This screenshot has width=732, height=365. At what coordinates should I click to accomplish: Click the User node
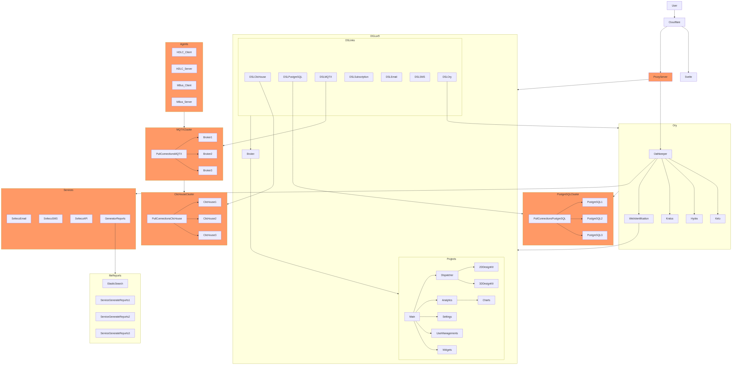(674, 5)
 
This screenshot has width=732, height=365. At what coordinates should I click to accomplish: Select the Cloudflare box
(674, 22)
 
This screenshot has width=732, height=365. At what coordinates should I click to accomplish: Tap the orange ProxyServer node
(660, 77)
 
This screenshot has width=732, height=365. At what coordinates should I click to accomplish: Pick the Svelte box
(688, 77)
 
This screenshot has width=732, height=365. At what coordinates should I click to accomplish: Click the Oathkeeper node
(660, 154)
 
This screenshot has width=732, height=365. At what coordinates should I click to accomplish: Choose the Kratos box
(670, 219)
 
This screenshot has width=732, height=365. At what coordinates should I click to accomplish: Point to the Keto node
(718, 219)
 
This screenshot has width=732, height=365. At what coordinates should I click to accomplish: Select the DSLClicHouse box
(258, 77)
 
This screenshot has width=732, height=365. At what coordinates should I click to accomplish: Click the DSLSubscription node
(359, 77)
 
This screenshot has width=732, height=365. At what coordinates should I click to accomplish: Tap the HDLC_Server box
(184, 69)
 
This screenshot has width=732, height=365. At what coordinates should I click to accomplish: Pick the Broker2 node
(208, 154)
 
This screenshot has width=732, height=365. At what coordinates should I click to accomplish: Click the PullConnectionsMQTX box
(169, 154)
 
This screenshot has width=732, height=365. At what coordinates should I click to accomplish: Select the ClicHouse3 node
(210, 235)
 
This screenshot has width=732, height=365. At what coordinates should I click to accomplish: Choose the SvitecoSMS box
(51, 219)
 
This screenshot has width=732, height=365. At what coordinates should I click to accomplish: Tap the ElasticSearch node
(115, 284)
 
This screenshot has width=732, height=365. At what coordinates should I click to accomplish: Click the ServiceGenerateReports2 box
(115, 317)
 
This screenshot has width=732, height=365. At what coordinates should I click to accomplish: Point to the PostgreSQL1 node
(595, 202)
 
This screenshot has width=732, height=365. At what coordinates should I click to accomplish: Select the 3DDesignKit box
(486, 284)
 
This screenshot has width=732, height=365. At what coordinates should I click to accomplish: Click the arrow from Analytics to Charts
(467, 300)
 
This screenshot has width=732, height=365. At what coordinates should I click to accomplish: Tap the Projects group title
(451, 259)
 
